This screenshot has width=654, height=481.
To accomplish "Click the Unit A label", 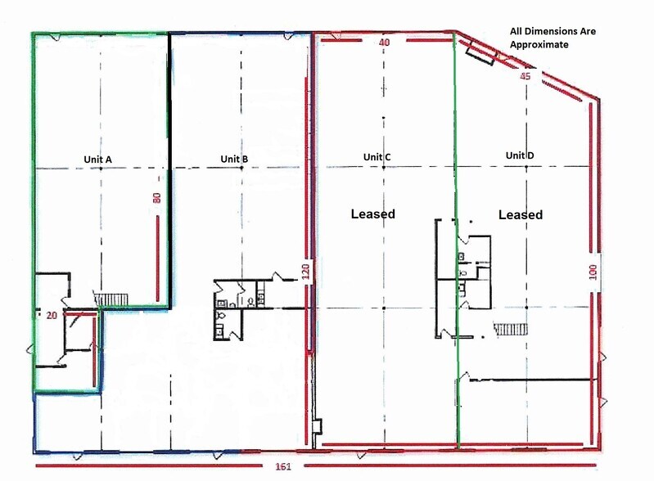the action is point(97,160).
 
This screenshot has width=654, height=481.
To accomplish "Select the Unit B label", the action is point(234,159).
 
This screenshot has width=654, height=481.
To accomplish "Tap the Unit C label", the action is point(377,157).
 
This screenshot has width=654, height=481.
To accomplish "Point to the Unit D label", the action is point(520,155).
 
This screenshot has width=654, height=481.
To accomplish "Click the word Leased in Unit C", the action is point(373,214).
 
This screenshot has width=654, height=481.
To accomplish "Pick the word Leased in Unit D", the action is point(521,214).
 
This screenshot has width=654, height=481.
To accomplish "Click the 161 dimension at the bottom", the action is point(283,466).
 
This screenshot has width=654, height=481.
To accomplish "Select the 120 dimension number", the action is point(306,272).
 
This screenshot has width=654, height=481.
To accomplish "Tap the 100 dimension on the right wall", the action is point(593,272).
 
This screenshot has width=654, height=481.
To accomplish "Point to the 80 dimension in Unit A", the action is point(157,198).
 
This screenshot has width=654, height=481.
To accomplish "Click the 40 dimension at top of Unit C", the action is point(384,42).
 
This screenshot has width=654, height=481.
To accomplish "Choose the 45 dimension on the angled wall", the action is point(525,76).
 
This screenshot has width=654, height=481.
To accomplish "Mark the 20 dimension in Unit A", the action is point(52,316).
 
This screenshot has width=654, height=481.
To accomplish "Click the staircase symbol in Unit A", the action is point(111,299).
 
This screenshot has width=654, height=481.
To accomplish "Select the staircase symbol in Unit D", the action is point(511,329).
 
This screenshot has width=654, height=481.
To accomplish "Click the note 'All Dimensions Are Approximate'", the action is point(553,38).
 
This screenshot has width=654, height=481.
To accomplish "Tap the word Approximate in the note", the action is point(539,45).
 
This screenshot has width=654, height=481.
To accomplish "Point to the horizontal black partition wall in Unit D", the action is point(531,380).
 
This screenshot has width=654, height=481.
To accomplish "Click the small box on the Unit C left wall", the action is point(317,427).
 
